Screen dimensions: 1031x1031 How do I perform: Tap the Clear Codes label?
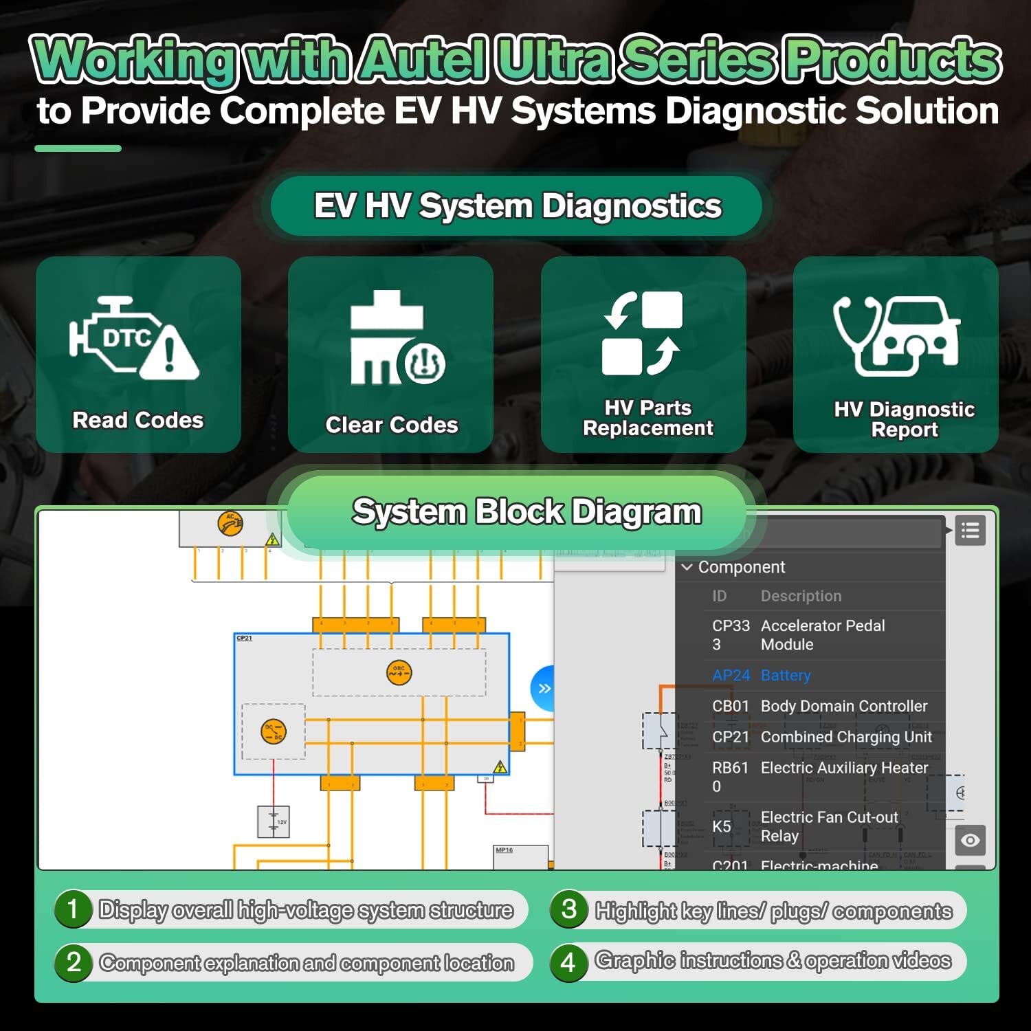(391, 425)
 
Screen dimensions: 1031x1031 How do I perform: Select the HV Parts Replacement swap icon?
(642, 333)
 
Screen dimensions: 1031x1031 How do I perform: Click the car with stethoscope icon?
(896, 335)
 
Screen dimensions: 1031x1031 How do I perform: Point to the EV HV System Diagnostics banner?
(517, 206)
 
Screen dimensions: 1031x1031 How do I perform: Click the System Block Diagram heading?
(526, 512)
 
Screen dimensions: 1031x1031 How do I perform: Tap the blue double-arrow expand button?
(544, 689)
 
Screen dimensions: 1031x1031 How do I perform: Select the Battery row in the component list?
(785, 676)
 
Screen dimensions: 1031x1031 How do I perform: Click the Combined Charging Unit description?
(845, 737)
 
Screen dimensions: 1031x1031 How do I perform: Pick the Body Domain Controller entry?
(843, 706)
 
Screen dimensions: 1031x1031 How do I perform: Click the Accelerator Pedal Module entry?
(822, 635)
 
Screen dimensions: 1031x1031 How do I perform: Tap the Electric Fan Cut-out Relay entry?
(828, 826)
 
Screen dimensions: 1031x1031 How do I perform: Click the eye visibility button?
(970, 841)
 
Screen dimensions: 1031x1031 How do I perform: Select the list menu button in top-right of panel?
(970, 531)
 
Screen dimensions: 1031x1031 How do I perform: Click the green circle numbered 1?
(73, 909)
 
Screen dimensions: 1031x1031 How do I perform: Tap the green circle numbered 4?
(568, 962)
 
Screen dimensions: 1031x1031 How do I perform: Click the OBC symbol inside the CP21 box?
(399, 672)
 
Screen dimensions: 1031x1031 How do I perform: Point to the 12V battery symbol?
(274, 821)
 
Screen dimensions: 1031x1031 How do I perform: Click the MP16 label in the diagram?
(505, 850)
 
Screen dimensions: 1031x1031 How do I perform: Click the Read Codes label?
(138, 420)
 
